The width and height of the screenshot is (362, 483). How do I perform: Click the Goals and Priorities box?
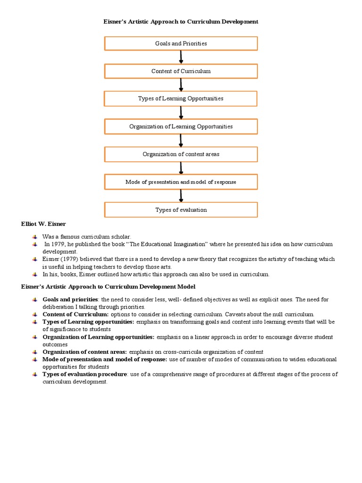point(181,43)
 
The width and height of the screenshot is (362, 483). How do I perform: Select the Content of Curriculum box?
point(181,71)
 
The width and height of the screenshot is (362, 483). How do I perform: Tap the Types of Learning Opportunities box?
point(181,99)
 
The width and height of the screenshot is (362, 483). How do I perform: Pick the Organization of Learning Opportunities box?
point(181,126)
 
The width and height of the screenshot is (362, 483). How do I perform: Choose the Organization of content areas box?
point(181,154)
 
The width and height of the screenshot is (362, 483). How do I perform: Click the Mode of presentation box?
point(181,182)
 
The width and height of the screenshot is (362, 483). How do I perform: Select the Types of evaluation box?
point(181,210)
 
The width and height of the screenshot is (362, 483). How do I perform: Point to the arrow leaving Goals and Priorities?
point(181,57)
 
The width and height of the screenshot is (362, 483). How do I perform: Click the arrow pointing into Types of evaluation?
point(181,196)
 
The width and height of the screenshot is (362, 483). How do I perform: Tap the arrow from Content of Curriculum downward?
point(181,85)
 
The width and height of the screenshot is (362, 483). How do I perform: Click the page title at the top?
point(181,22)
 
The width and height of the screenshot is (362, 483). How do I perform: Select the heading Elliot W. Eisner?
point(43,224)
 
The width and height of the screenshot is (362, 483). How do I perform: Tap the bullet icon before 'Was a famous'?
point(35,236)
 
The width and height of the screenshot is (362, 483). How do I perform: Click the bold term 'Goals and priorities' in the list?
point(70,300)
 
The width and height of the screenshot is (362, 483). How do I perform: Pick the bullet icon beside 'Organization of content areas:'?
point(35,352)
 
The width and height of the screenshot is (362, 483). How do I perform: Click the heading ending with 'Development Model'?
point(108,287)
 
